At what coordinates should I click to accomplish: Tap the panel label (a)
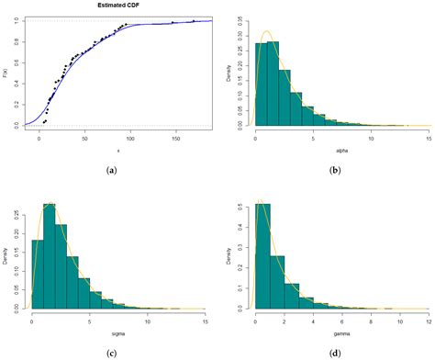point(112,169)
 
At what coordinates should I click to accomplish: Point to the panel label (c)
point(112,354)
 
